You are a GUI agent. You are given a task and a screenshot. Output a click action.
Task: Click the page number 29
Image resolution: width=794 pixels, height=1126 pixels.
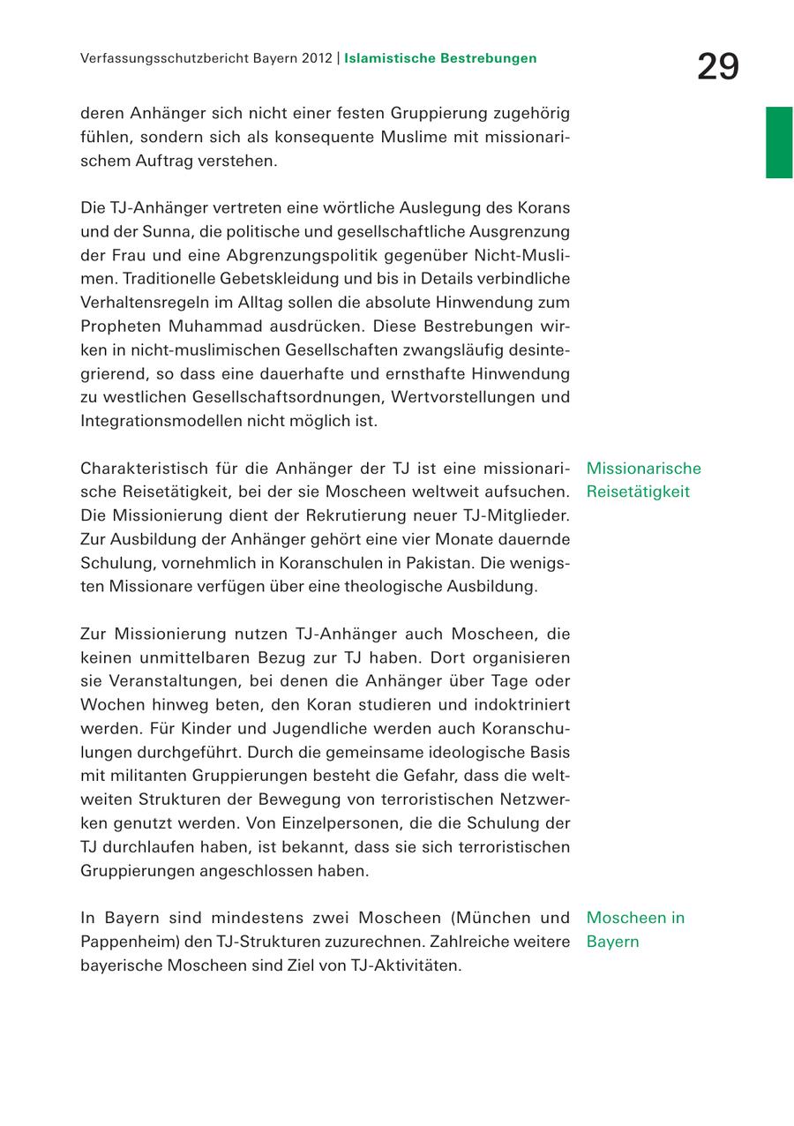tap(717, 67)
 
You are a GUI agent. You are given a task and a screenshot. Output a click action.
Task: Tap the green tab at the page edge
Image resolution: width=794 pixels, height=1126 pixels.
tap(779, 142)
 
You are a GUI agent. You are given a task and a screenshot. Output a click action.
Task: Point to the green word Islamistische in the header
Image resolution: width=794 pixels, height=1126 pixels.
tap(390, 59)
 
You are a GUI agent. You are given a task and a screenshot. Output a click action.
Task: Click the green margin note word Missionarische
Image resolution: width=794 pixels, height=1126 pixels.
tap(643, 469)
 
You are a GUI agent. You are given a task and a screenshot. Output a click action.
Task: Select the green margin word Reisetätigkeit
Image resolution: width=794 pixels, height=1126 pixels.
tap(638, 492)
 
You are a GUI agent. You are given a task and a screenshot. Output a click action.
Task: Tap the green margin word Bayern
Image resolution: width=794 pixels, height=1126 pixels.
tap(612, 942)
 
